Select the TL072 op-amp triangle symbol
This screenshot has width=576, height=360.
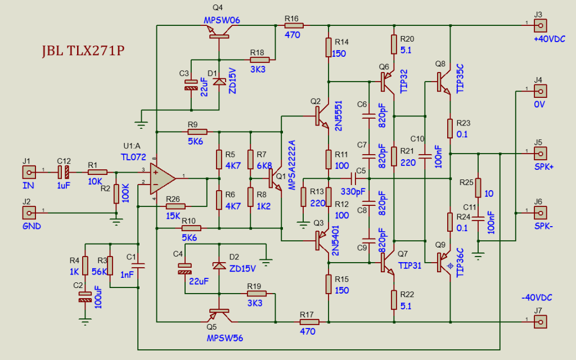coord(164,178)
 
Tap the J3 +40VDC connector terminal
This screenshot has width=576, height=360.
coord(540,25)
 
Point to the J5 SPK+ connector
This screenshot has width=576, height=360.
coord(540,152)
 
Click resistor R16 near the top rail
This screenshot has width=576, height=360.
coord(294,25)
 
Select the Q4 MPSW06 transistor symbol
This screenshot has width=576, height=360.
coord(218,35)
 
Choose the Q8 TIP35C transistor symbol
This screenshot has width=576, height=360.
coord(444,83)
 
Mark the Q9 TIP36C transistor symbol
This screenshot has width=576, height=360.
coord(444,263)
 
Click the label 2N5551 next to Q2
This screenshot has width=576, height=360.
coord(338,117)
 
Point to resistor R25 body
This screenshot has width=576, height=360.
coord(478,187)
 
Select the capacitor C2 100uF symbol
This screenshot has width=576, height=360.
coord(85,296)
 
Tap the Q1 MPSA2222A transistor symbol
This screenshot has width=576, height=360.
coord(274,179)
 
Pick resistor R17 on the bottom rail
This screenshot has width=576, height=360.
coord(309,322)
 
